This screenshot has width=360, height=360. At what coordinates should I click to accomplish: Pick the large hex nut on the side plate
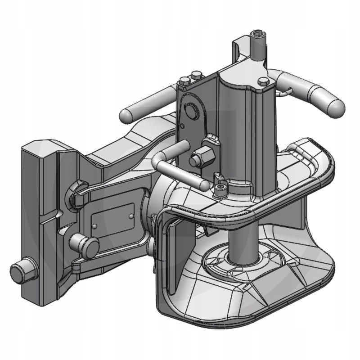click(198, 158)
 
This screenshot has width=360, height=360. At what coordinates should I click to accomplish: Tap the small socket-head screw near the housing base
click(220, 189)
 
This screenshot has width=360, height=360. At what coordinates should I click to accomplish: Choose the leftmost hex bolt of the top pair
click(185, 82)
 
